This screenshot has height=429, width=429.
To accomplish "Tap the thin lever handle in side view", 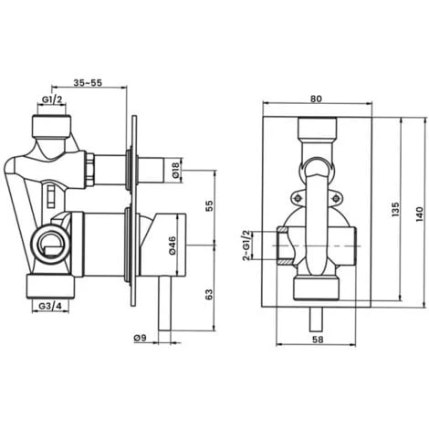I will [x=165, y=301].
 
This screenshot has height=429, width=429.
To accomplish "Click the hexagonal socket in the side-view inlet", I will [x=52, y=244].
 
